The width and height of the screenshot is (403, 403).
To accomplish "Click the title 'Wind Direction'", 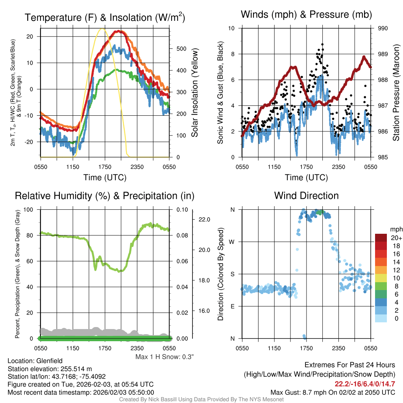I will [306, 196].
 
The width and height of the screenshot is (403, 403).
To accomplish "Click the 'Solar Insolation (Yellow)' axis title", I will [195, 93].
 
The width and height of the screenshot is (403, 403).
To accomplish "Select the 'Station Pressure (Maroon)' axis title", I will [396, 93].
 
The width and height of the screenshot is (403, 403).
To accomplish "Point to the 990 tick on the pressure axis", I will [383, 28].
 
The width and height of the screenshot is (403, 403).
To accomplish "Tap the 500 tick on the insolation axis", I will [181, 49].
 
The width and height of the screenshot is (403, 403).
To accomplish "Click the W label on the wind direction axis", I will [233, 242].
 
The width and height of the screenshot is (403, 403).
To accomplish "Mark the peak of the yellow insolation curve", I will [102, 29].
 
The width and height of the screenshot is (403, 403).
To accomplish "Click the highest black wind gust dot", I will [322, 44].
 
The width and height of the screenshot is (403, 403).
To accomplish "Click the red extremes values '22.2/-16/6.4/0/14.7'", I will [364, 384].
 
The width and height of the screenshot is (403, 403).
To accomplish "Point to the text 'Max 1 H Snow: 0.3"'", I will [165, 357].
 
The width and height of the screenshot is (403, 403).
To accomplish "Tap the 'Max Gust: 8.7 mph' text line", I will [333, 392].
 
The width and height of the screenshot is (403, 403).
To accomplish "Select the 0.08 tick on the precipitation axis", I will [182, 235].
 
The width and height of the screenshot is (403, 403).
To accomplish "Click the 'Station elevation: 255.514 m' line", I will [50, 369].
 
